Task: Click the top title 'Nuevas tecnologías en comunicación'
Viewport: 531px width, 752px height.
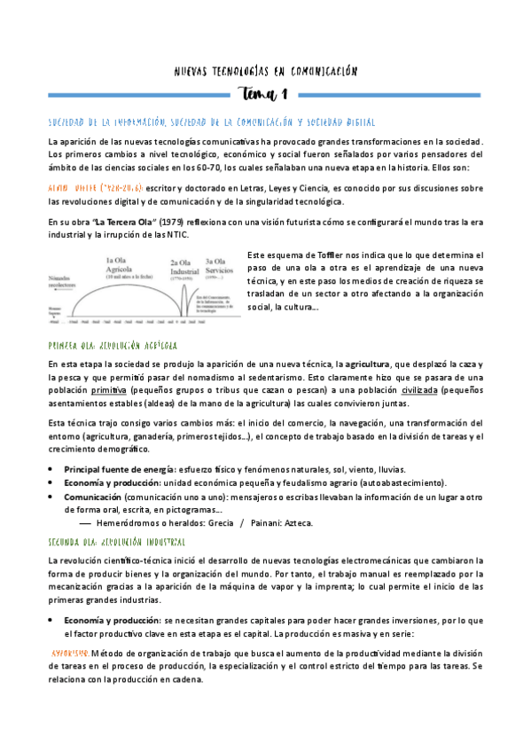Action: coord(265,70)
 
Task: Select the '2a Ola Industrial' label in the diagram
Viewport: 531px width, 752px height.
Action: coord(185,268)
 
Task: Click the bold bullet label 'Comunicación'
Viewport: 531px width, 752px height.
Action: coord(92,497)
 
